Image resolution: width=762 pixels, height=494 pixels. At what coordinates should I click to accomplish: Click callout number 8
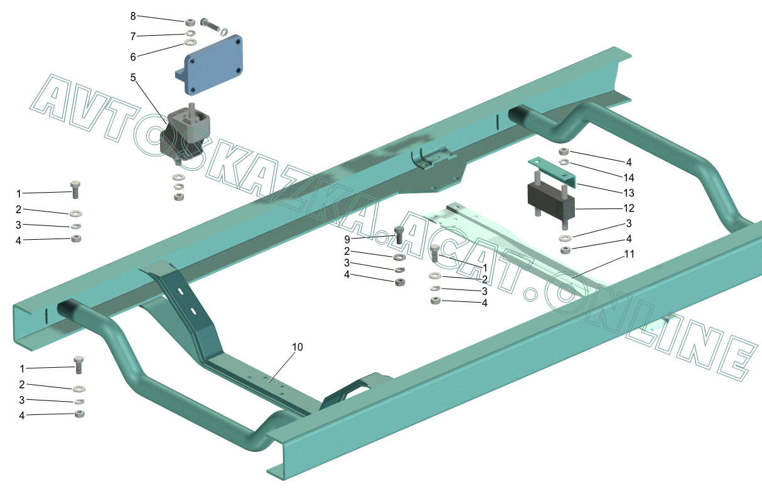133,16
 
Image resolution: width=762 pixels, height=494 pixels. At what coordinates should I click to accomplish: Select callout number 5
133,78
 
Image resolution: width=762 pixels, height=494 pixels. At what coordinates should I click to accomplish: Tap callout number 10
298,347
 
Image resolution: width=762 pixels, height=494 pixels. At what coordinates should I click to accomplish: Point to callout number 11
630,254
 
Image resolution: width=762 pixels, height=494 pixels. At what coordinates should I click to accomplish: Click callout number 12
629,208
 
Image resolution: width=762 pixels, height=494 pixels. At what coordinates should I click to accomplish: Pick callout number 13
629,193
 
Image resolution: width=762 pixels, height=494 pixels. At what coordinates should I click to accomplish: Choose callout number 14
629,178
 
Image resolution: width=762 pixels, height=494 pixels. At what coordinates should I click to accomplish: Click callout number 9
347,240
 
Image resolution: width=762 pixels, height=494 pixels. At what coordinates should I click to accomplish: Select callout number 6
133,57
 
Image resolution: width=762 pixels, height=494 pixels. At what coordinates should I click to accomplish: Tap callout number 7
133,36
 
